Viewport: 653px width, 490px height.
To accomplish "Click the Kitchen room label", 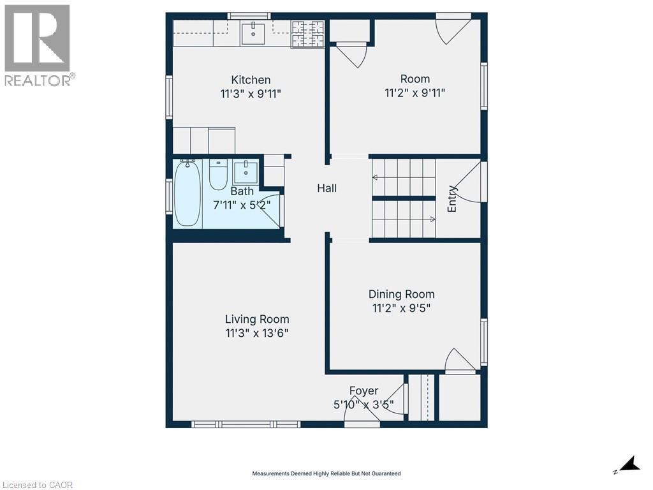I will click(x=251, y=80).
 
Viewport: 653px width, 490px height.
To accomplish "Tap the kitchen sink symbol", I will click(x=254, y=32).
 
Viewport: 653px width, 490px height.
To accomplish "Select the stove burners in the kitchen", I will click(x=307, y=33).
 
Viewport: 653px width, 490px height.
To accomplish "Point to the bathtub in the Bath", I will click(x=187, y=193).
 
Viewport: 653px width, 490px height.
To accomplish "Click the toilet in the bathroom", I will click(x=218, y=174).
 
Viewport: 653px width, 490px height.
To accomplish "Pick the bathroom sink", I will click(x=246, y=172).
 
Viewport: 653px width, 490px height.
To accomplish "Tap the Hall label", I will click(x=327, y=188).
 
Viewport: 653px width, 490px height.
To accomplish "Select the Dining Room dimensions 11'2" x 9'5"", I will click(x=402, y=308).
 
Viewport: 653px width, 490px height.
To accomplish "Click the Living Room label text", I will click(x=257, y=319).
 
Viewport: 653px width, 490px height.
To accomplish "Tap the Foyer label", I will click(x=363, y=390).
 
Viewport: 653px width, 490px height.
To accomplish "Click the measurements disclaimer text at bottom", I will click(x=326, y=473).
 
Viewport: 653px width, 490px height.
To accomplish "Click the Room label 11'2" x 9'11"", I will click(x=415, y=93).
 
